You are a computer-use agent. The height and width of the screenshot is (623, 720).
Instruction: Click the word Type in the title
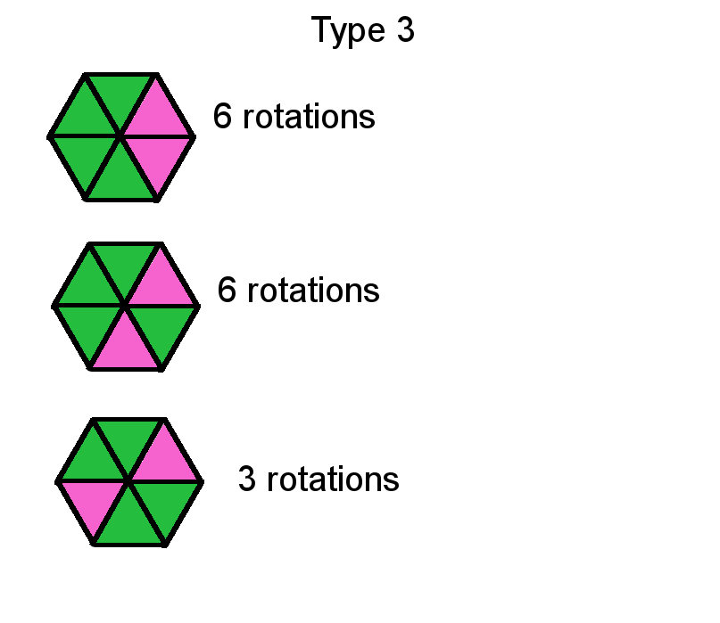pos(348,30)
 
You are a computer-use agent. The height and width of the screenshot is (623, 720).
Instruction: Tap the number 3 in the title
pos(405,29)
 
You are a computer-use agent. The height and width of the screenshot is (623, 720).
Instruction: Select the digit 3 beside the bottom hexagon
pos(247,479)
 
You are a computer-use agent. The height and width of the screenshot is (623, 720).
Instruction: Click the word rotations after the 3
pos(333,480)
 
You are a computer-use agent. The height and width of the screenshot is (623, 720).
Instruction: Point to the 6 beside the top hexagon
pos(222,116)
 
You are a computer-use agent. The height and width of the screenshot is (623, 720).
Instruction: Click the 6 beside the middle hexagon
pos(227,290)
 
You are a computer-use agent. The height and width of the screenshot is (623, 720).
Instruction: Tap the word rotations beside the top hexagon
pos(309,117)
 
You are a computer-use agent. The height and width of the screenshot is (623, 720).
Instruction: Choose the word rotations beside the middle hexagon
pos(313,291)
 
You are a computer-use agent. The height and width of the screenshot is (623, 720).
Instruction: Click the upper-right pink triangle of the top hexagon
pos(157,115)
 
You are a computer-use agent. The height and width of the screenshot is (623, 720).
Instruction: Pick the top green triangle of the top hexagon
pos(120,95)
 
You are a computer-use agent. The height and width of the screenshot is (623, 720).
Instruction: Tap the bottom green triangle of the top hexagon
pos(120,179)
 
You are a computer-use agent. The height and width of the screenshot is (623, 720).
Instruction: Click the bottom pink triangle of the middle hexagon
pos(126,348)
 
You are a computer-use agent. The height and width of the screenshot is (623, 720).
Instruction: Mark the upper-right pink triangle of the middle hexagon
pos(161,284)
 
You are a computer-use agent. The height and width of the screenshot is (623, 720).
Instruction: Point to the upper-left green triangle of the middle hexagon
pos(89,284)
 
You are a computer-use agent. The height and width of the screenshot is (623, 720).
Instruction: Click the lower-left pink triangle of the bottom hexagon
pos(93,504)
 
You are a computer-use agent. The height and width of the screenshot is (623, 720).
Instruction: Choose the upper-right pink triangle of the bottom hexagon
pos(165,459)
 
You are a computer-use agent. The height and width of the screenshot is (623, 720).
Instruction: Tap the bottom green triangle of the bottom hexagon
pos(129,524)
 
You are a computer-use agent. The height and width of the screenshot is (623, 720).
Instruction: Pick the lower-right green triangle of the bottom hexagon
pos(165,504)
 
